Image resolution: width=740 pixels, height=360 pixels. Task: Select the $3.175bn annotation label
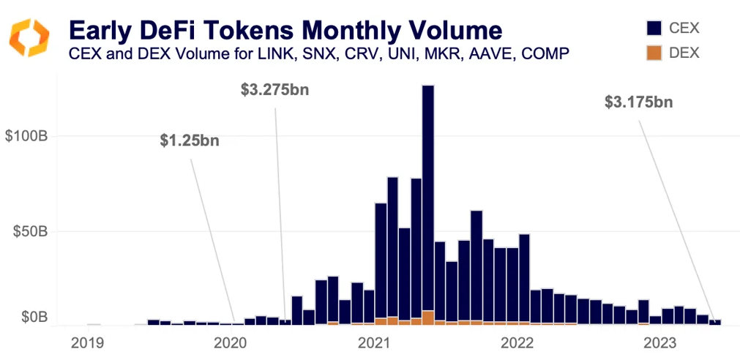coord(638,102)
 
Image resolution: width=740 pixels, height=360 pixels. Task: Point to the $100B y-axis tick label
coord(26,136)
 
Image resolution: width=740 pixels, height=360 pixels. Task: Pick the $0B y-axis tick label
coord(32,318)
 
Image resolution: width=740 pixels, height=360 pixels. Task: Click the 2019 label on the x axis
coord(87,343)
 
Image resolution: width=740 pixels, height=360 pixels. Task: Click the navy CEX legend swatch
coord(655,28)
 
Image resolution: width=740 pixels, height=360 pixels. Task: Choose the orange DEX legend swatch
coord(655,53)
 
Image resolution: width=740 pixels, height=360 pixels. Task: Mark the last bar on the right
coord(717,321)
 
